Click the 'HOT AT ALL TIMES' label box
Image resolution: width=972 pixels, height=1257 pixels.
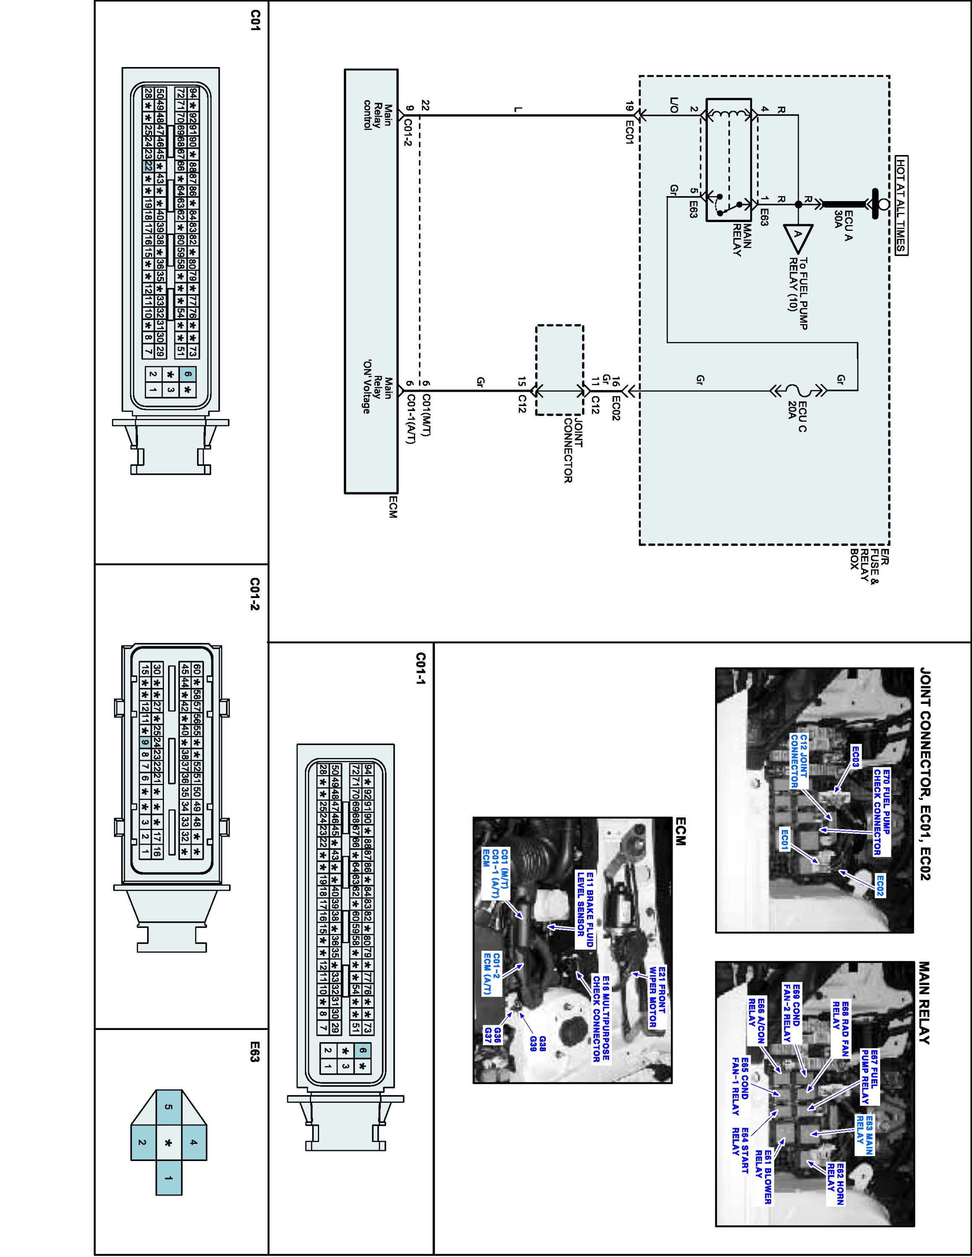coord(901,204)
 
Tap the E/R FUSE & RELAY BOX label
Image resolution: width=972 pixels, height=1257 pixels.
coord(870,566)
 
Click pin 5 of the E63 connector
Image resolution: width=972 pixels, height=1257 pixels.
coord(169,1107)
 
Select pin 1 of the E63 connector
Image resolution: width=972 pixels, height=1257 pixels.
coord(169,1178)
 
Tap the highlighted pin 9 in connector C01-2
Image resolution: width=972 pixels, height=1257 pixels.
coord(145,742)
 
